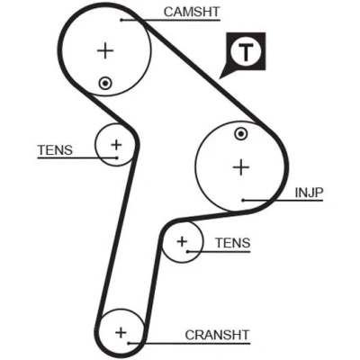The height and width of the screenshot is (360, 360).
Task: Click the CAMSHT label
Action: pyautogui.click(x=192, y=12)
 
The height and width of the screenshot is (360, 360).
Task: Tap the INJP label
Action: pyautogui.click(x=309, y=193)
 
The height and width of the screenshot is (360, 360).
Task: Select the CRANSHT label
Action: pyautogui.click(x=217, y=335)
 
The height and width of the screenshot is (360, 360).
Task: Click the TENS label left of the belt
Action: pyautogui.click(x=55, y=150)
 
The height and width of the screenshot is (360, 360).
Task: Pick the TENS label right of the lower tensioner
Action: pyautogui.click(x=233, y=243)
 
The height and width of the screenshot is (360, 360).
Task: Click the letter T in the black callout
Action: pyautogui.click(x=246, y=52)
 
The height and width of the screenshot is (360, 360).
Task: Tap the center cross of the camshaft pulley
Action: pyautogui.click(x=105, y=50)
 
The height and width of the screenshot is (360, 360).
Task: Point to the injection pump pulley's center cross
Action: pyautogui.click(x=241, y=167)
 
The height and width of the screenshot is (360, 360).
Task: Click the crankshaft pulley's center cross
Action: pyautogui.click(x=121, y=332)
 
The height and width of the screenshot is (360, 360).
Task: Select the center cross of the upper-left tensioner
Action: pyautogui.click(x=116, y=145)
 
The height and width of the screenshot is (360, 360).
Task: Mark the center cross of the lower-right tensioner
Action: pyautogui.click(x=182, y=241)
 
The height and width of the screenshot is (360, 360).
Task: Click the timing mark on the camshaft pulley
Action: pyautogui.click(x=105, y=83)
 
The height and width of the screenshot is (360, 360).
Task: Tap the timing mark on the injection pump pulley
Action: pyautogui.click(x=241, y=134)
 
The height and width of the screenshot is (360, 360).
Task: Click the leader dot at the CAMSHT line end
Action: pyautogui.click(x=121, y=20)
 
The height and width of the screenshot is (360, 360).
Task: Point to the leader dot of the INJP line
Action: pyautogui.click(x=244, y=200)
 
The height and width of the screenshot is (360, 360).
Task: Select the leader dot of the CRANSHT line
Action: pyautogui.click(x=129, y=343)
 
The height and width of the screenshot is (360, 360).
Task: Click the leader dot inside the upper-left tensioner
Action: pyautogui.click(x=116, y=157)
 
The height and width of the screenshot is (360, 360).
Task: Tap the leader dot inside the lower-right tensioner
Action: pyautogui.click(x=187, y=251)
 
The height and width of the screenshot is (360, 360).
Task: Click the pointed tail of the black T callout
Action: pyautogui.click(x=220, y=78)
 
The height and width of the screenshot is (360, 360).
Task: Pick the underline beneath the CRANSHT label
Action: pyautogui.click(x=189, y=343)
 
